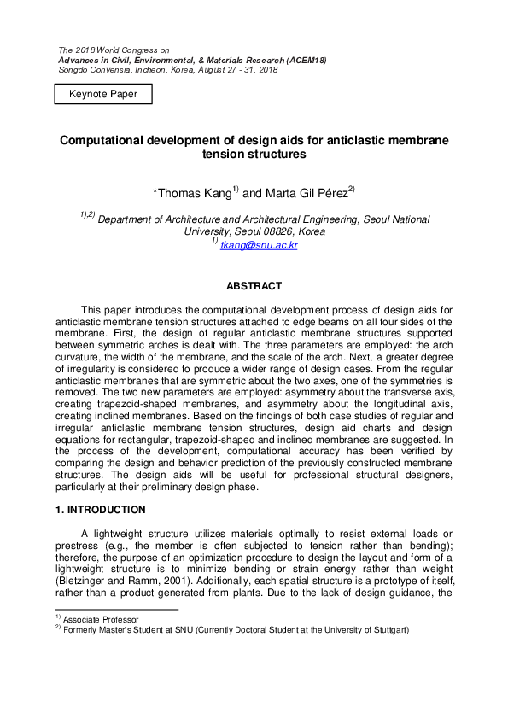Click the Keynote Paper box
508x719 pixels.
(x=103, y=93)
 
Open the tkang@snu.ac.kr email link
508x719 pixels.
(x=259, y=245)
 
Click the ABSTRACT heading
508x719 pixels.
(x=254, y=286)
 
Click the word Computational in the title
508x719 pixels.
(x=99, y=140)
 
